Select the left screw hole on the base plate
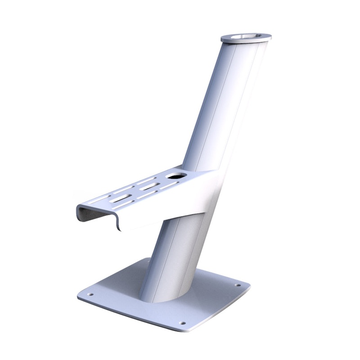tap(90, 294)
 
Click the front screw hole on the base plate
tap(182, 322)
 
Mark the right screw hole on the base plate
tap(237, 284)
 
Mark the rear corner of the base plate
tap(148, 260)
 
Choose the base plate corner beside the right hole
tap(245, 286)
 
